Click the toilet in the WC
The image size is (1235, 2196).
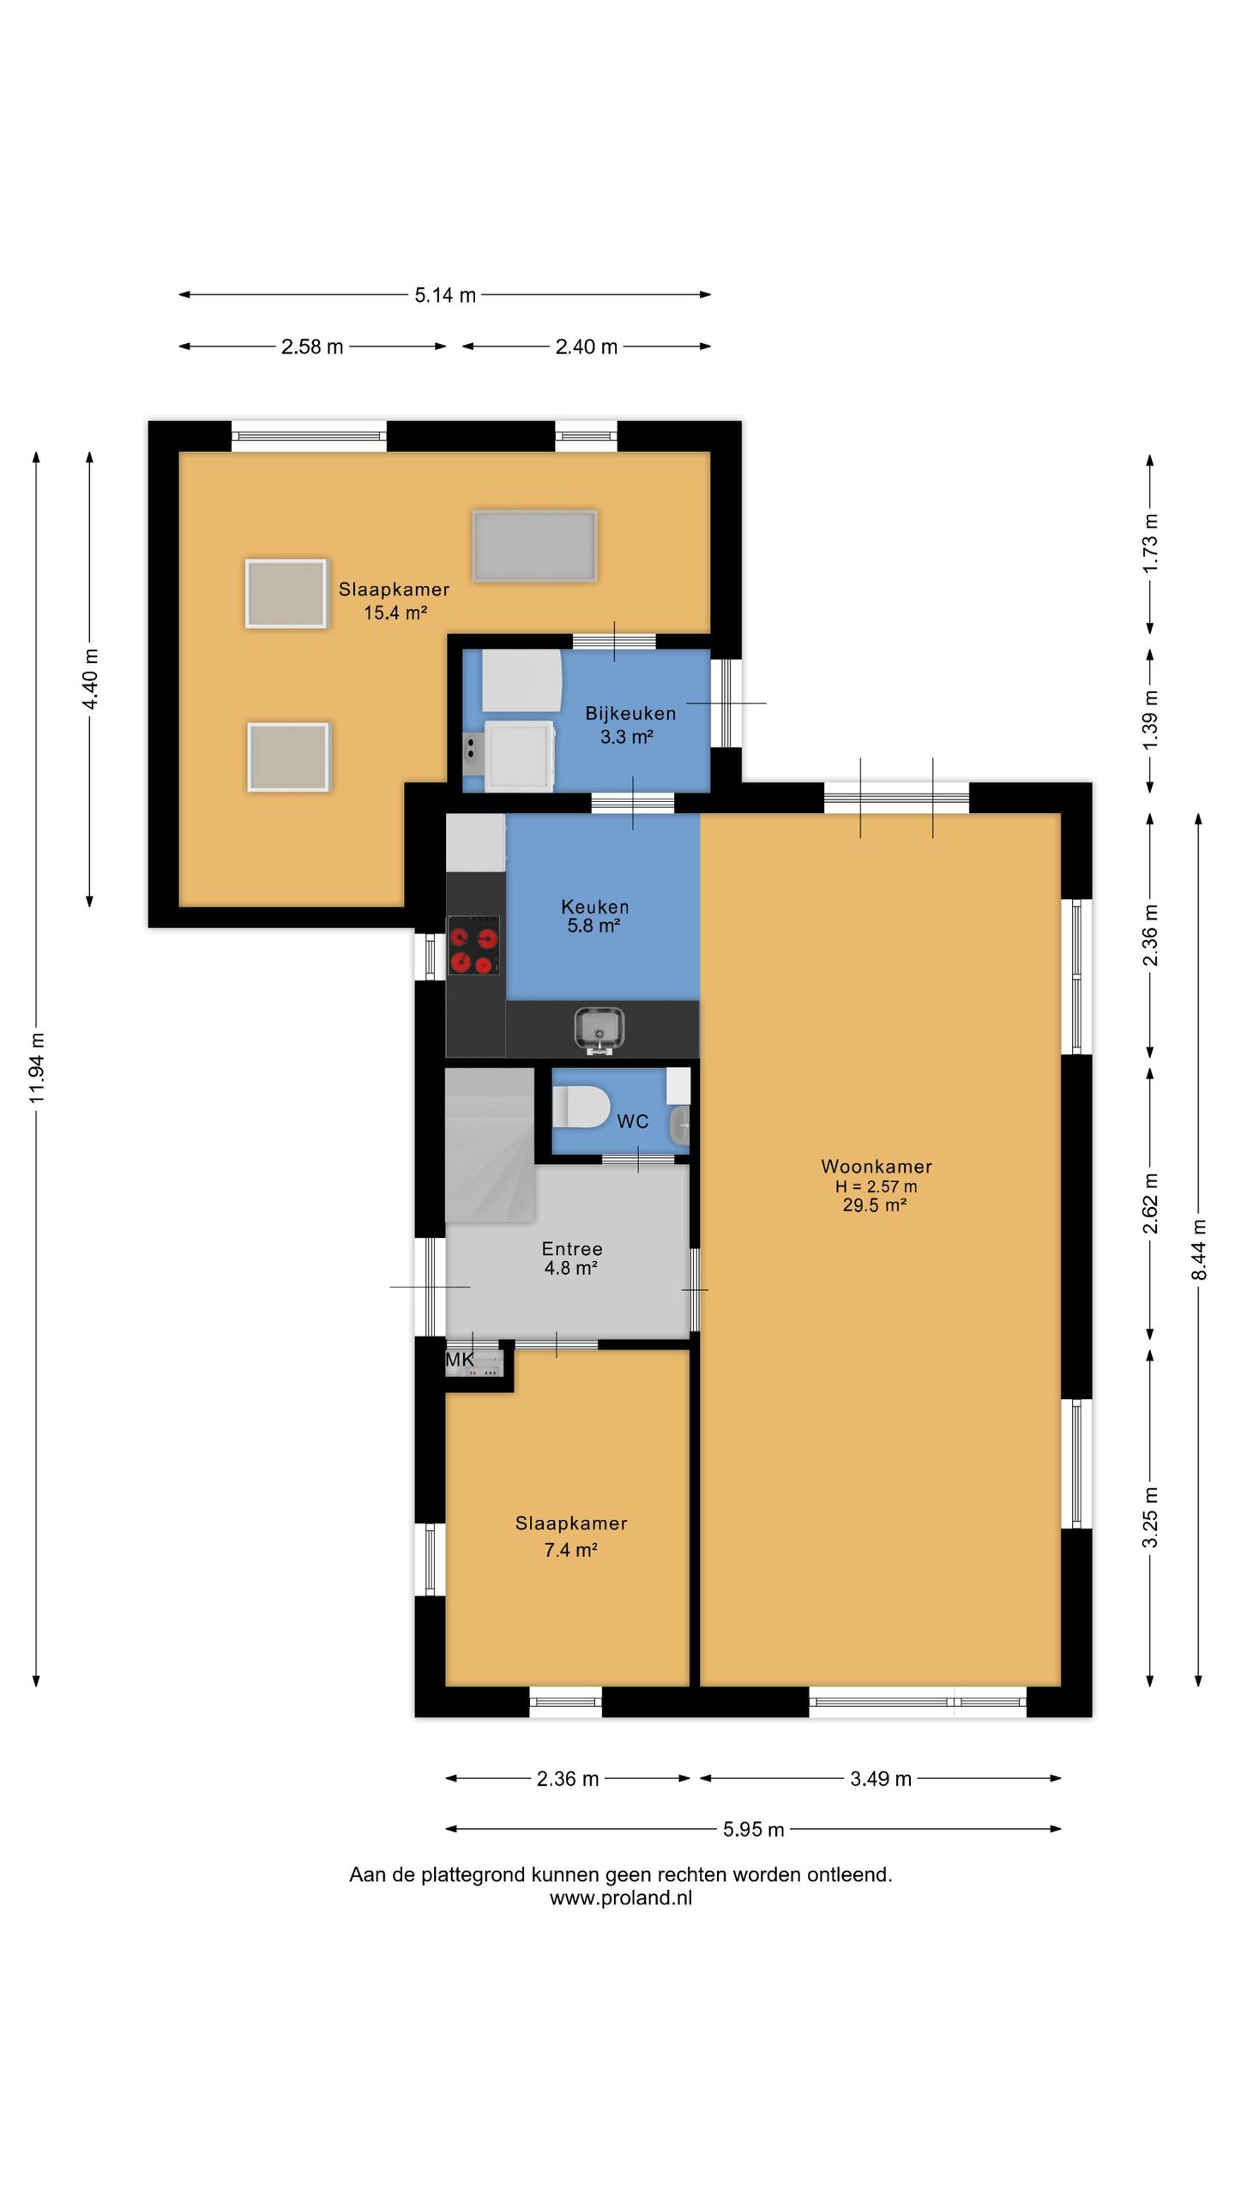pos(581,1107)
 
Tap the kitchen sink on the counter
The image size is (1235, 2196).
pos(599,1029)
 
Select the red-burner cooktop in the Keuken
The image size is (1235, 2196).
pos(474,946)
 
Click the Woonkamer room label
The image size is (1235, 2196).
pos(876,1167)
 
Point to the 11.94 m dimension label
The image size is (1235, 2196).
pos(37,1068)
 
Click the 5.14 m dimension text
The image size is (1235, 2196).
pos(445,295)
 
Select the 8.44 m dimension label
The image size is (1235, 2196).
pos(1199,1250)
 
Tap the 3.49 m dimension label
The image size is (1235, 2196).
pos(881,1778)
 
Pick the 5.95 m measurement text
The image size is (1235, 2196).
pos(753,1829)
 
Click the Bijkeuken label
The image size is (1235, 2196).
pos(630,713)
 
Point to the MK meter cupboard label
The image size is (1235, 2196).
pos(460,1360)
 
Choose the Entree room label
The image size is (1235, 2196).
pos(572,1249)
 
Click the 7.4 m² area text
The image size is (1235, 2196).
pos(570,1549)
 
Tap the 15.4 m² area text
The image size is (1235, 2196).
pos(395,612)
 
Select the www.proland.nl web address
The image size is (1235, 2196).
pos(621,1897)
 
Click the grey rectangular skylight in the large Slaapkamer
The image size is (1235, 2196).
pos(534,546)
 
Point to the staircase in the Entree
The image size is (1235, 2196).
pos(490,1145)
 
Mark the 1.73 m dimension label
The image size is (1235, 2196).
pos(1151,543)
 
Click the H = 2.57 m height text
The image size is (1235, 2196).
pos(876,1186)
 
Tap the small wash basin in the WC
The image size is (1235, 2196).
pos(680,1125)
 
